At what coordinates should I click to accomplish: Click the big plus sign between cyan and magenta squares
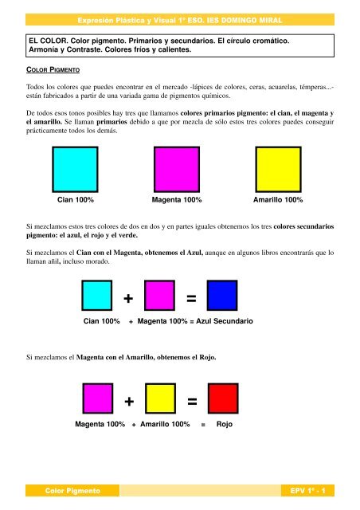tap(128, 299)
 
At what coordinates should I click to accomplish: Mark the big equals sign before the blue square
tap(191, 299)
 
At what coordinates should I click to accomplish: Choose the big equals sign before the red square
tap(191, 402)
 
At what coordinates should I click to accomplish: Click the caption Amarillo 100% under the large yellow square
tap(277, 199)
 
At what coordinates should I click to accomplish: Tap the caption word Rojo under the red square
tap(225, 425)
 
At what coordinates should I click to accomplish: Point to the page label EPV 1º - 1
tap(310, 492)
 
